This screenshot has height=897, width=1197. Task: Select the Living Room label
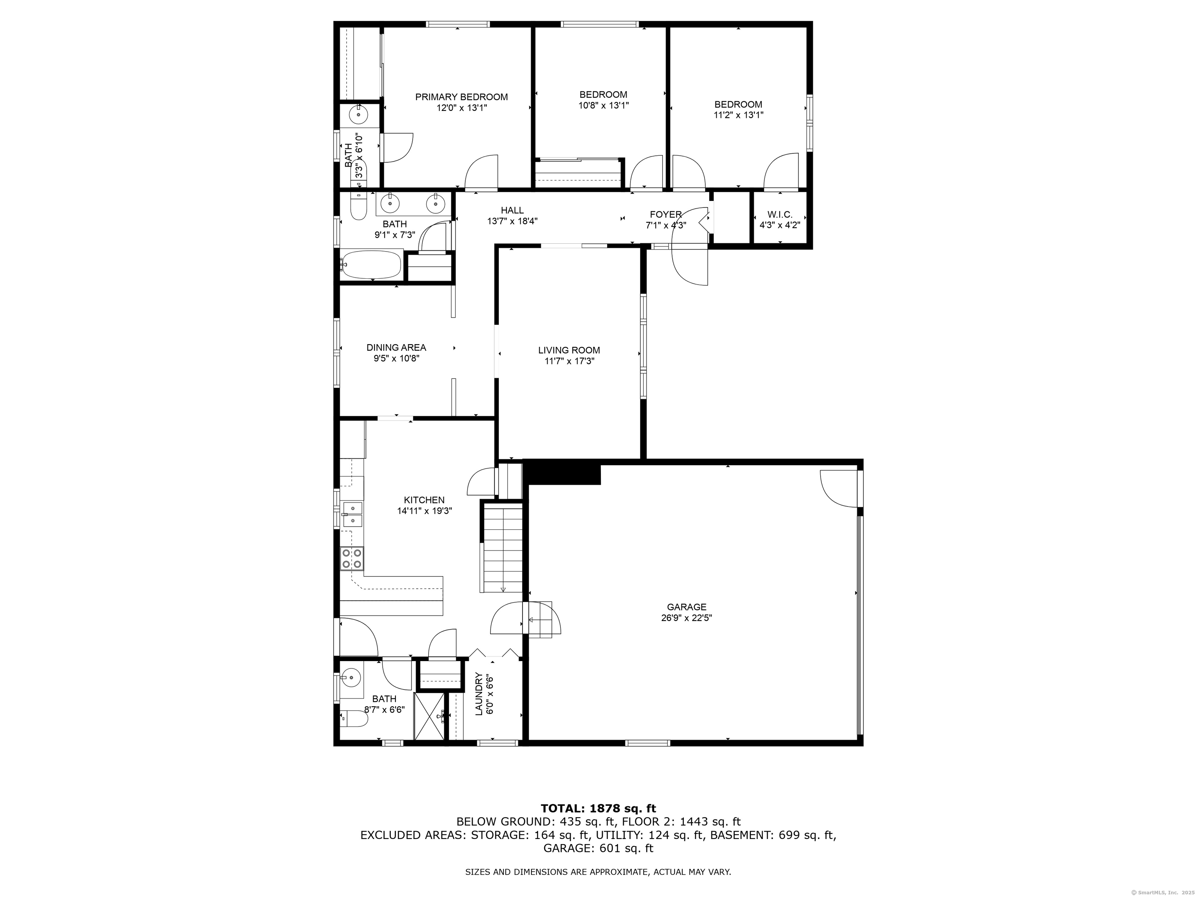tap(569, 350)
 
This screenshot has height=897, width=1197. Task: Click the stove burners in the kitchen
tap(352, 559)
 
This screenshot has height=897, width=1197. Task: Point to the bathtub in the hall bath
tap(371, 264)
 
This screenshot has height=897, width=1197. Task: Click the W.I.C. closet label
tap(780, 215)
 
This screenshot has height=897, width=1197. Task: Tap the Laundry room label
tap(478, 694)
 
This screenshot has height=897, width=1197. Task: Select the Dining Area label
tap(396, 348)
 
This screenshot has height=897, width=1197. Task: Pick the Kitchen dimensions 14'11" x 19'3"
tap(424, 510)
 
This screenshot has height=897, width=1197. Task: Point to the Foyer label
tap(666, 215)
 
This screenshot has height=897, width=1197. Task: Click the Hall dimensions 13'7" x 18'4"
tap(512, 221)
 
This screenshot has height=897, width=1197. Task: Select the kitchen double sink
tap(352, 514)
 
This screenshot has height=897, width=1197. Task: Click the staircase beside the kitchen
tap(503, 547)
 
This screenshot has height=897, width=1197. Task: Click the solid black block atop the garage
tap(562, 472)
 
